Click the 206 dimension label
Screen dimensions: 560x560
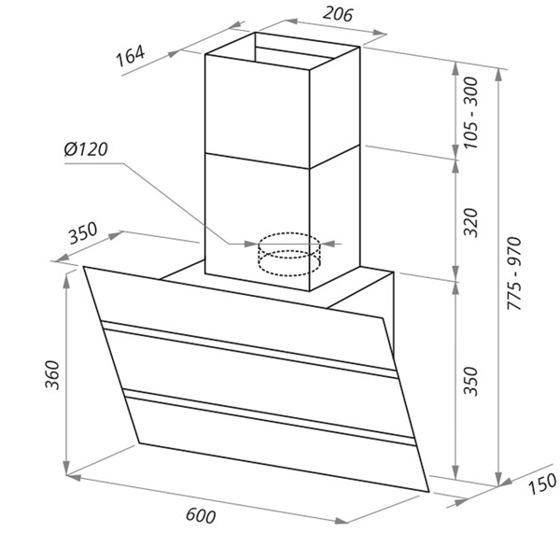pos(338,14)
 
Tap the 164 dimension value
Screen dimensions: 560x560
pos(131,56)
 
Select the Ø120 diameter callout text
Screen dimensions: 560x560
pos(86,149)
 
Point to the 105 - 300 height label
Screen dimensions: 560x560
pos(471,113)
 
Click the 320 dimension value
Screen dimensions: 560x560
pos(470,222)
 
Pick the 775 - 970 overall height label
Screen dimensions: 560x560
pos(514,273)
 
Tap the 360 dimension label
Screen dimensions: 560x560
pos(52,375)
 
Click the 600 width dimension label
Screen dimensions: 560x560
pos(201,516)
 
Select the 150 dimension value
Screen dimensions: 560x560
pos(542,483)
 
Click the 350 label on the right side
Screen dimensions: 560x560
pos(470,381)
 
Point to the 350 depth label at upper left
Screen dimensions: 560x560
pos(83,232)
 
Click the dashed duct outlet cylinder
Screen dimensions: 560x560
pos(289,254)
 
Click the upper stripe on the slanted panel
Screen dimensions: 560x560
pos(249,349)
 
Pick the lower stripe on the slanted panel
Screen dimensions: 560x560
pos(270,417)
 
